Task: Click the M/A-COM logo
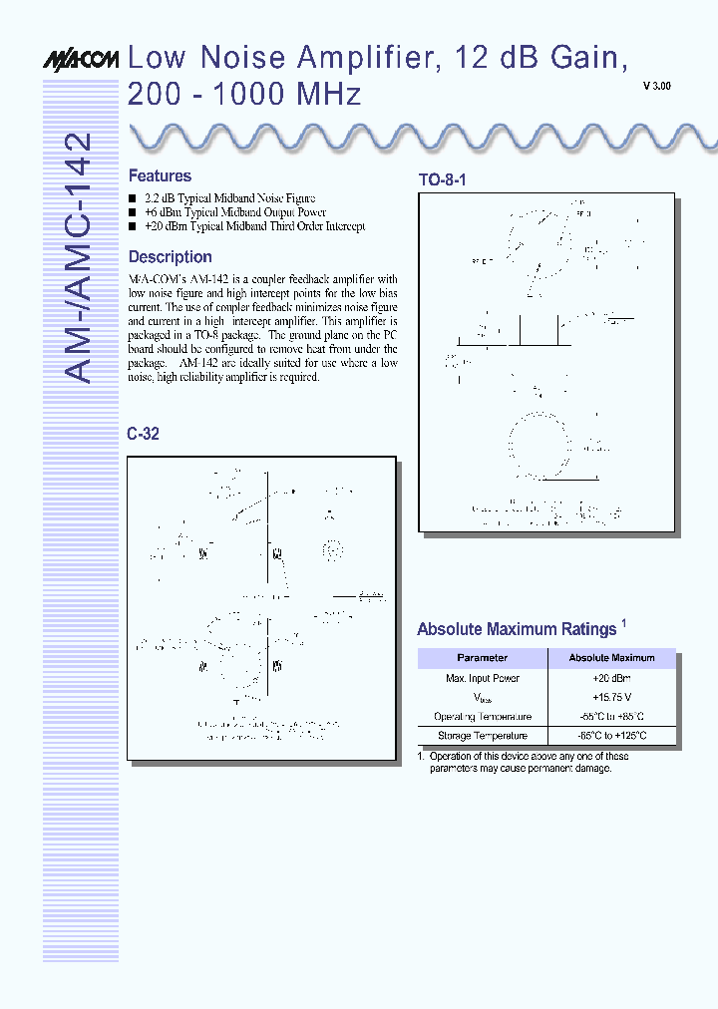pyautogui.click(x=81, y=61)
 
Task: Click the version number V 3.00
pyautogui.click(x=656, y=87)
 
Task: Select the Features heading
pyautogui.click(x=160, y=175)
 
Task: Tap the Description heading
pyautogui.click(x=170, y=256)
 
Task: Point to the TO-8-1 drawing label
pyautogui.click(x=442, y=180)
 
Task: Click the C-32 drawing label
pyautogui.click(x=143, y=434)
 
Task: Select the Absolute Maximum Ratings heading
pyautogui.click(x=517, y=629)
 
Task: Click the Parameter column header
pyautogui.click(x=483, y=658)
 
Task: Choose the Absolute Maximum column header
pyautogui.click(x=611, y=658)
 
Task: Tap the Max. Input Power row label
pyautogui.click(x=483, y=678)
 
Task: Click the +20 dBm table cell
pyautogui.click(x=611, y=678)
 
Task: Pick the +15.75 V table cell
pyautogui.click(x=611, y=697)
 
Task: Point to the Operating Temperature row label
pyautogui.click(x=483, y=717)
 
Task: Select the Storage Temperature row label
pyautogui.click(x=483, y=736)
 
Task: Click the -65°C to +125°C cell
pyautogui.click(x=611, y=736)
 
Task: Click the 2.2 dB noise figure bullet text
pyautogui.click(x=229, y=198)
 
